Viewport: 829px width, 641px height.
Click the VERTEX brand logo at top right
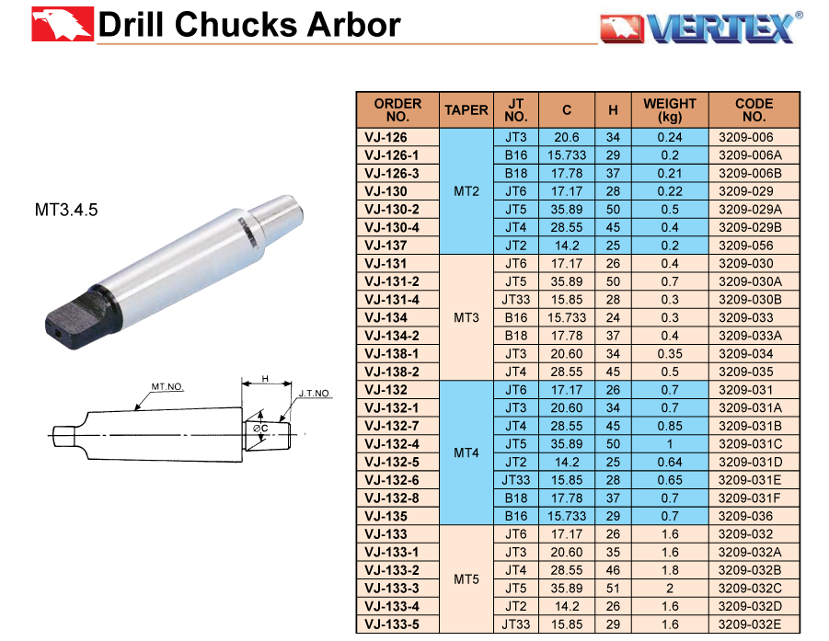pyautogui.click(x=701, y=28)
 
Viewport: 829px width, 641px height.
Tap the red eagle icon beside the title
pyautogui.click(x=63, y=24)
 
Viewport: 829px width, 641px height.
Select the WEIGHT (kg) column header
pyautogui.click(x=669, y=110)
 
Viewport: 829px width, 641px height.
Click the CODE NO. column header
pyautogui.click(x=754, y=110)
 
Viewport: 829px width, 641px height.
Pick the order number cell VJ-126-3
pyautogui.click(x=391, y=173)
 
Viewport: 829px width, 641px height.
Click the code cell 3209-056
pyautogui.click(x=745, y=246)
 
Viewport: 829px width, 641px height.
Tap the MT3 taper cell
pyautogui.click(x=466, y=317)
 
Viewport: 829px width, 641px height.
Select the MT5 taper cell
pyautogui.click(x=466, y=579)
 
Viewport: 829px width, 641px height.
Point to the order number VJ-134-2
pyautogui.click(x=391, y=336)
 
